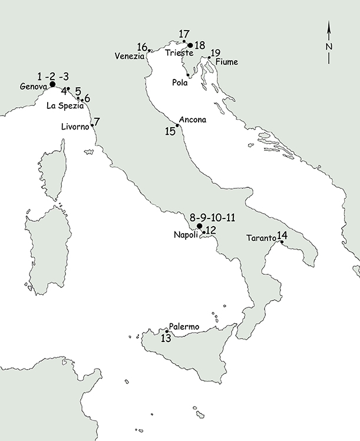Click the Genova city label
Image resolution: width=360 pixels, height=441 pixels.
pyautogui.click(x=33, y=87)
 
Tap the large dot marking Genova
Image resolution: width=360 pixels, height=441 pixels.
pyautogui.click(x=52, y=84)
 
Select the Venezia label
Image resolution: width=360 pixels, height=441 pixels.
pyautogui.click(x=130, y=56)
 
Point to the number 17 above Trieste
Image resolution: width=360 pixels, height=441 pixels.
pyautogui.click(x=185, y=34)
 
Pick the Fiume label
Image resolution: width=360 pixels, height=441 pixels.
pyautogui.click(x=226, y=61)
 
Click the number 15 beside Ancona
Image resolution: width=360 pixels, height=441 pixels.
pyautogui.click(x=170, y=131)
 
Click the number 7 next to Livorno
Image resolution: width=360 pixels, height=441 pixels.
pyautogui.click(x=97, y=122)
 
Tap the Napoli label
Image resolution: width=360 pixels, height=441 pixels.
pyautogui.click(x=187, y=235)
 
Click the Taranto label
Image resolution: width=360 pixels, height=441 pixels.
pyautogui.click(x=260, y=238)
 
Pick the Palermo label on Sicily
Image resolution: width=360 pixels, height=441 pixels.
pyautogui.click(x=184, y=326)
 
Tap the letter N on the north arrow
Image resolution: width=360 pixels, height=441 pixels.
pyautogui.click(x=329, y=47)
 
